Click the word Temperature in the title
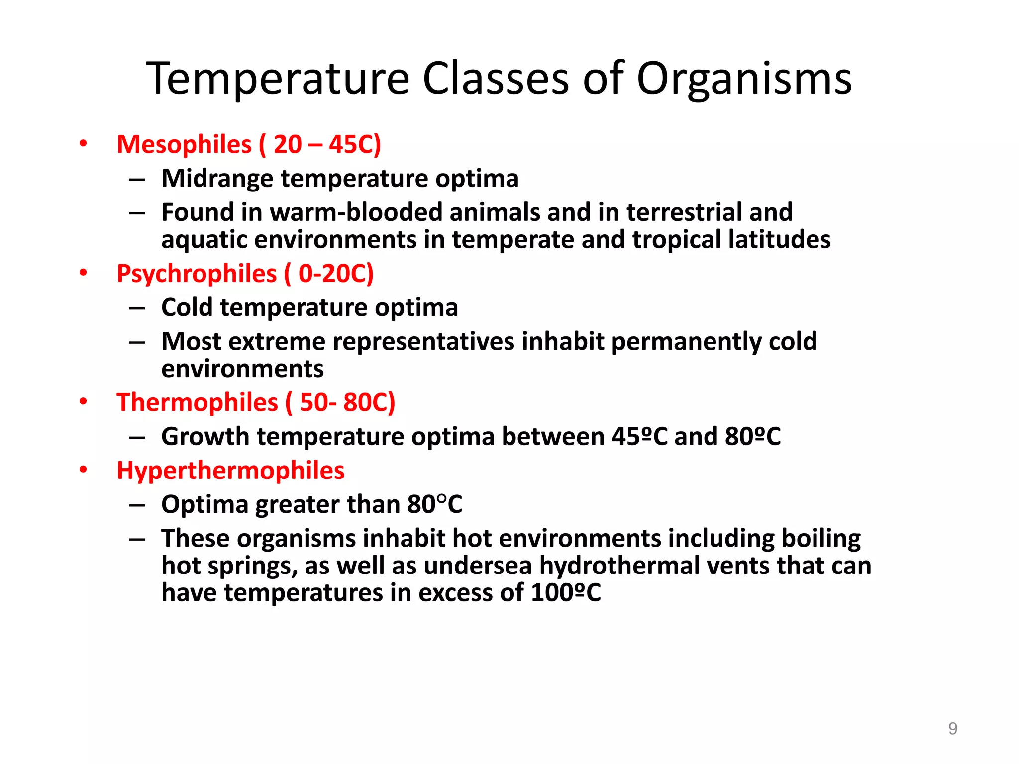coord(278,78)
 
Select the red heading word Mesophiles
coord(184,145)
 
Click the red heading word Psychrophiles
coord(196,274)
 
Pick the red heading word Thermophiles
coord(197,402)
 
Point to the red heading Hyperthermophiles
coord(230,471)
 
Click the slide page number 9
coord(952,729)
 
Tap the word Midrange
coord(217,179)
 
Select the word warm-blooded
coord(356,212)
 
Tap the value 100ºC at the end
coord(565,593)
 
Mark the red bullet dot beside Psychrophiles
coord(83,273)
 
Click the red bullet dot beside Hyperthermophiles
coord(83,470)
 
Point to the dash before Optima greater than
coord(137,505)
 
